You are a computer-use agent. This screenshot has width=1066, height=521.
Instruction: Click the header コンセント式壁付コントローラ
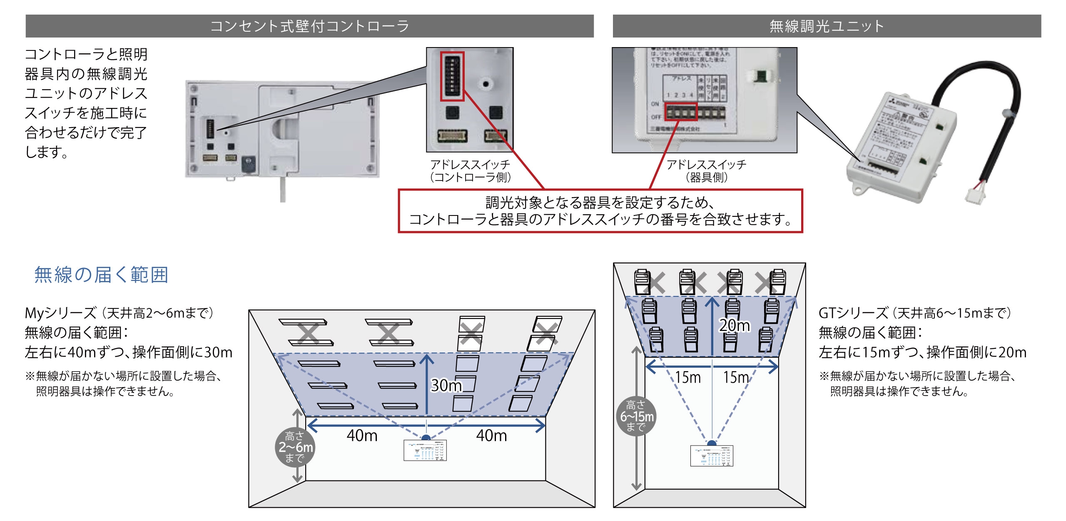click(309, 26)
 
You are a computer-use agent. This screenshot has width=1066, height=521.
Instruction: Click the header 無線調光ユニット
click(827, 26)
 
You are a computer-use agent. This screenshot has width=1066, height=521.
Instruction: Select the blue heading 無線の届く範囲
click(101, 275)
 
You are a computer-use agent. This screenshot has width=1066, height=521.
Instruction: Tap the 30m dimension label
click(446, 386)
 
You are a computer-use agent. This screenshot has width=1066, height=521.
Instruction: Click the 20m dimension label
click(735, 325)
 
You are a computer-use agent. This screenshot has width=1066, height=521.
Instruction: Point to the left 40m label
click(362, 436)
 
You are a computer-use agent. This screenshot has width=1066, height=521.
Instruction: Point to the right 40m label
click(491, 436)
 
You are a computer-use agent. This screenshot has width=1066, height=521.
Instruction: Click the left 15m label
click(687, 377)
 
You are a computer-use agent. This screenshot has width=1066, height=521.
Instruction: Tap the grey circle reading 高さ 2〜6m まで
click(295, 447)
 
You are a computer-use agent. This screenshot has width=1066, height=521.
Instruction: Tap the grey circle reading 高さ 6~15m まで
click(636, 416)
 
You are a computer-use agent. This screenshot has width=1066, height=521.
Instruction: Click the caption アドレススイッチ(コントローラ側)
click(470, 171)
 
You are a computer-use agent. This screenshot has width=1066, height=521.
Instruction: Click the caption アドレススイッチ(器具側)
click(707, 171)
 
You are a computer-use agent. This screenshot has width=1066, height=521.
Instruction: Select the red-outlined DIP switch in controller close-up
click(452, 76)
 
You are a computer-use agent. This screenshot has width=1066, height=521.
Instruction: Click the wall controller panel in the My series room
click(425, 450)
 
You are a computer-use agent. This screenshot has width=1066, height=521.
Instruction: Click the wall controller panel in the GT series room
click(712, 456)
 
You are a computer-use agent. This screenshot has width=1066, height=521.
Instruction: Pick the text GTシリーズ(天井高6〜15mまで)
click(914, 313)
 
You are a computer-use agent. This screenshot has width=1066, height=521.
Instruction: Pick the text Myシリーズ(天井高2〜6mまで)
click(119, 313)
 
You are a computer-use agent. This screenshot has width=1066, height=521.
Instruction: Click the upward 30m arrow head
click(427, 358)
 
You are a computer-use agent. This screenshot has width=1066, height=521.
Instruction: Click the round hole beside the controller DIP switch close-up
click(486, 84)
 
